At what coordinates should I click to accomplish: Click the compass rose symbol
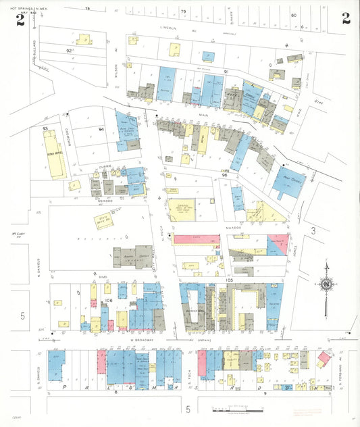tap(326, 285)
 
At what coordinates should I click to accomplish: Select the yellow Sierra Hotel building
tap(53, 154)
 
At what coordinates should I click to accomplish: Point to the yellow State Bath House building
tap(104, 220)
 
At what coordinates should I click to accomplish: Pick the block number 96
tap(224, 176)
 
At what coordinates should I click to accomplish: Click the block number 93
tap(45, 128)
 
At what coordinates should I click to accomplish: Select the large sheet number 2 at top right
tap(345, 18)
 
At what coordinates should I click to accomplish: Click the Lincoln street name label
tap(168, 28)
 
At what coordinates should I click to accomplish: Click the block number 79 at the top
tap(182, 11)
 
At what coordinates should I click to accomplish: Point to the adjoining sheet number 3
tap(313, 231)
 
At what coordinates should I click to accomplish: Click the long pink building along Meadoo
tap(199, 239)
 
